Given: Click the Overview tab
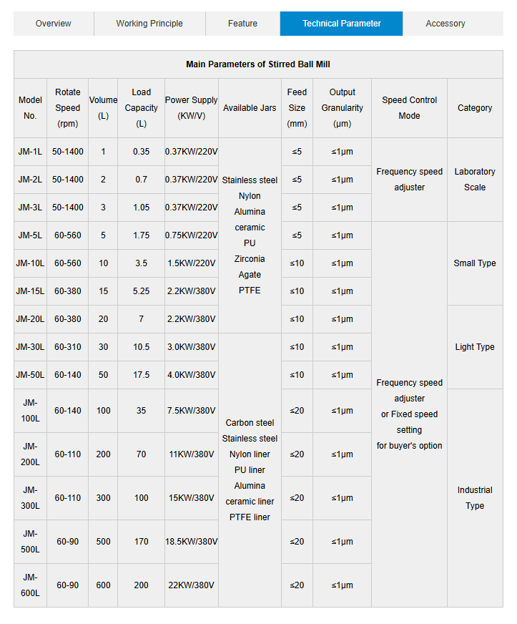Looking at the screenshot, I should [53, 24].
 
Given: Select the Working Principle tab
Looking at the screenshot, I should [149, 24].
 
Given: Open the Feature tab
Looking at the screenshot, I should [242, 24].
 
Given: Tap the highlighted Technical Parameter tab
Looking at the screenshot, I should [341, 24].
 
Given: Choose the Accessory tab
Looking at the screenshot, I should [445, 24].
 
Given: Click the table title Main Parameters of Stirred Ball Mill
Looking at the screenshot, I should [258, 64].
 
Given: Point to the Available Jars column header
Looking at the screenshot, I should [250, 108].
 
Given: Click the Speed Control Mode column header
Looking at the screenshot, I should [409, 108].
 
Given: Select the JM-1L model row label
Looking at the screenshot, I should [30, 152].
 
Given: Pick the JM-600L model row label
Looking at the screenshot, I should [30, 585].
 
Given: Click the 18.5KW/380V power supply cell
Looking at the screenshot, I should [191, 542].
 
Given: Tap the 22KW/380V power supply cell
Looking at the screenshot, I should [191, 585].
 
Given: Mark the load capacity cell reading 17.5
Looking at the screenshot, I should [141, 375].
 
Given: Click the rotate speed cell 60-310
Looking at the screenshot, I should [68, 347].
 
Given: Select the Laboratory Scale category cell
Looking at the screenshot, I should [475, 180].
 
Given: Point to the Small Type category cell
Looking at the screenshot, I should [475, 263].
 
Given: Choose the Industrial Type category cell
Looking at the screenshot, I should [475, 498].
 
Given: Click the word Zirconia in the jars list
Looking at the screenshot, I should [250, 259].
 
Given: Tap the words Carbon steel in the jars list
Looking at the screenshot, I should [250, 423].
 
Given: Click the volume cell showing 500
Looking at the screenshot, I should [104, 542].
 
